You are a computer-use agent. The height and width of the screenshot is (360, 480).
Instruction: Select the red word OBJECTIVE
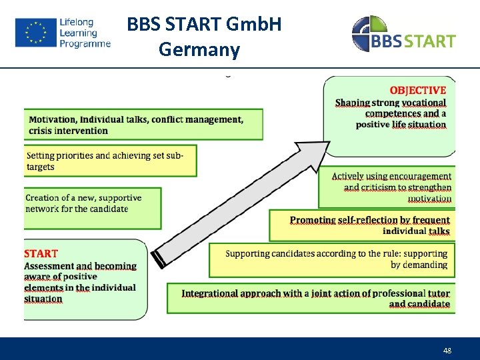417,91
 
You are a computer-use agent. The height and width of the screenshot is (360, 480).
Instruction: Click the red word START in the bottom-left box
41,253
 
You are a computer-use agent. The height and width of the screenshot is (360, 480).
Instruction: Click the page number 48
447,351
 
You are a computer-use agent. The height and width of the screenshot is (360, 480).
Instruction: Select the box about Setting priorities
111,161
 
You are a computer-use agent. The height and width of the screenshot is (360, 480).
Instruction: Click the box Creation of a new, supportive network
92,207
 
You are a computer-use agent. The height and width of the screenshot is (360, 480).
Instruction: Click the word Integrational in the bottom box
213,293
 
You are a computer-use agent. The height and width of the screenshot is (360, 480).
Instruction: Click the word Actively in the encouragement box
347,177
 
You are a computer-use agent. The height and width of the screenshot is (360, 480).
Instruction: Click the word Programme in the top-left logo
85,44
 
